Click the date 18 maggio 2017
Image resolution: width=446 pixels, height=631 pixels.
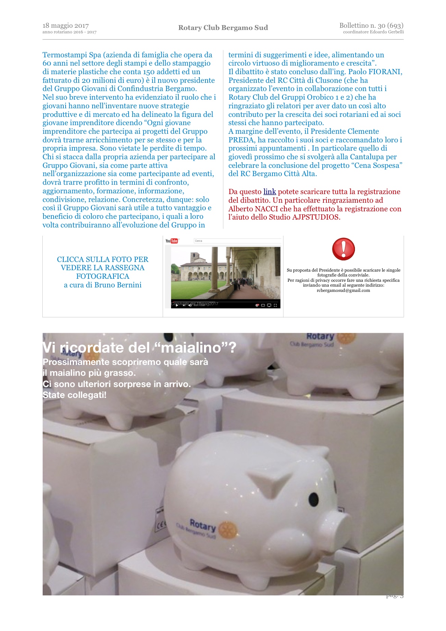(x=66, y=25)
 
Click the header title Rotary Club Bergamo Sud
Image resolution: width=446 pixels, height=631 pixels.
(x=223, y=28)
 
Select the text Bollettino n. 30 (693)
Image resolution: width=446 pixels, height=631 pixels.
(x=371, y=25)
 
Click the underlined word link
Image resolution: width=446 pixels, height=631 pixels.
(x=269, y=192)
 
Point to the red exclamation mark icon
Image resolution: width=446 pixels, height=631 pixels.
(x=343, y=249)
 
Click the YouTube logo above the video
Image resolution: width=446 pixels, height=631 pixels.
(x=172, y=241)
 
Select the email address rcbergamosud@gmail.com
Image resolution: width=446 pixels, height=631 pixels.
(x=343, y=290)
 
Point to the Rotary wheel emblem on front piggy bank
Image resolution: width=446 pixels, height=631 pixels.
(x=227, y=529)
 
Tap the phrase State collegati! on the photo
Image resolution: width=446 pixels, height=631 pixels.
(x=75, y=395)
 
